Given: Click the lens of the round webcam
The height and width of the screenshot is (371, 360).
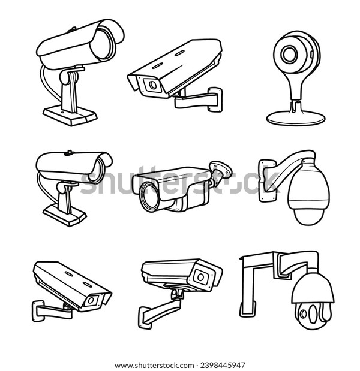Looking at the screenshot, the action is point(289,54).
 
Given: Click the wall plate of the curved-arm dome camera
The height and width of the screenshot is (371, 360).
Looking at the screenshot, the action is point(268,180).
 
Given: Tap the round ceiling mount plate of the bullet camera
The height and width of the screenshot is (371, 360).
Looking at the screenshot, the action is point(221,169).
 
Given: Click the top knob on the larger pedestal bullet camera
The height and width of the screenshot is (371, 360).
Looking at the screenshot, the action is point(72,29).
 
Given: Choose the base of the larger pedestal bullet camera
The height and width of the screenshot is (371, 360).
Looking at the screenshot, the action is point(70,116).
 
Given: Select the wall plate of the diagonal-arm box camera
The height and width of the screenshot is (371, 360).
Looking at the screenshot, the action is point(145,318).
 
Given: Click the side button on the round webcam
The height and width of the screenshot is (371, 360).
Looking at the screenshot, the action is point(311,54).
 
